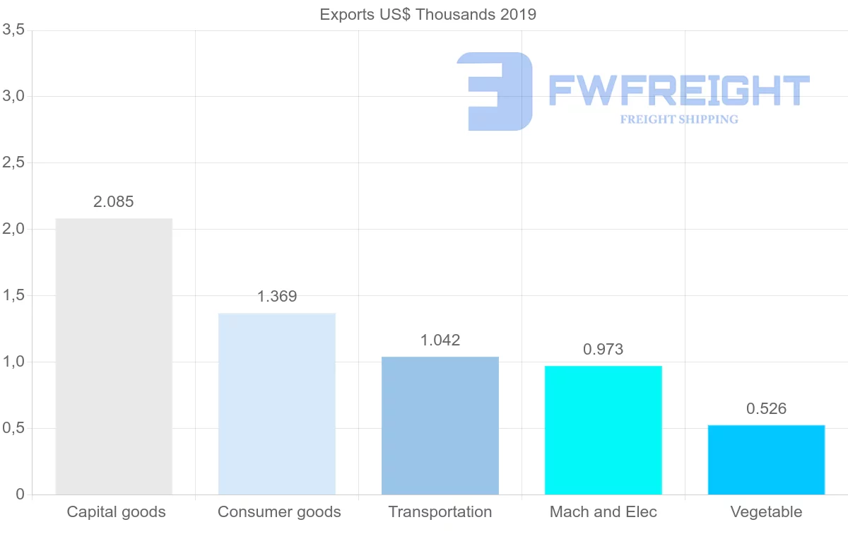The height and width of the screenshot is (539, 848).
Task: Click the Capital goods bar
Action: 114,357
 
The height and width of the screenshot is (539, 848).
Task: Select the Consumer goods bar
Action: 277,404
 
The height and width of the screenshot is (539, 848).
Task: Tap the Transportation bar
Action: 440,426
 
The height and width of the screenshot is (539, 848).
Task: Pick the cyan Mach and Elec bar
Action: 603,430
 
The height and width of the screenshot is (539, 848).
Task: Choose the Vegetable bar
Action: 767,460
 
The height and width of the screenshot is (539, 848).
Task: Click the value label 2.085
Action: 114,202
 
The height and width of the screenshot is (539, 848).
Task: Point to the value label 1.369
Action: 277,297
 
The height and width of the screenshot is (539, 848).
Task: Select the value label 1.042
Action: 440,340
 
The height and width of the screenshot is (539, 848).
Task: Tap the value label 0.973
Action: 603,350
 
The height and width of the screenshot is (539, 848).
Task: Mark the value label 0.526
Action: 767,409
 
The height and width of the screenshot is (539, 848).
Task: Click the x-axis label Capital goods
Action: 116,512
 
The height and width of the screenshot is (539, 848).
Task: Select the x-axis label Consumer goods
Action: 279,512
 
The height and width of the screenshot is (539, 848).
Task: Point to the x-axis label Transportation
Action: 440,512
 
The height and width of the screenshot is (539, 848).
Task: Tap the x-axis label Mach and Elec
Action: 603,512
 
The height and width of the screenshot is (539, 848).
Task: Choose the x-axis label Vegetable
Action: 767,512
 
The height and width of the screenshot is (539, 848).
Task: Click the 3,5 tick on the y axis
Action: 14,30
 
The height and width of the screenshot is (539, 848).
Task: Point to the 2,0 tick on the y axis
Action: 14,229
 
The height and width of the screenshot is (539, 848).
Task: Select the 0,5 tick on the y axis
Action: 14,428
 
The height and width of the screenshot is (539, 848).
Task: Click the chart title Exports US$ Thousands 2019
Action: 428,15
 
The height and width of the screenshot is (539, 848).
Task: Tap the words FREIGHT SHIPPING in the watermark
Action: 679,119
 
